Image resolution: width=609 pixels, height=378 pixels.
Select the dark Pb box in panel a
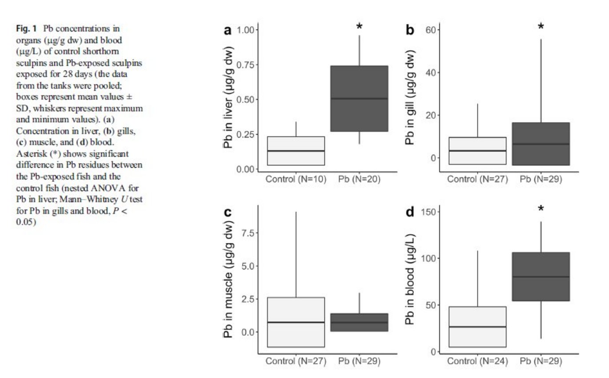(359, 98)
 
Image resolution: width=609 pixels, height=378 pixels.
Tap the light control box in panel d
(477, 327)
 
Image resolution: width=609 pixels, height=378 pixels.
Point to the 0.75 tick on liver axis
(245, 64)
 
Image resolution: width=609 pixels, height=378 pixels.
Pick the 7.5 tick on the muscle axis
(247, 233)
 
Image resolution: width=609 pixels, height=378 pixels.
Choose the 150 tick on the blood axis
(429, 212)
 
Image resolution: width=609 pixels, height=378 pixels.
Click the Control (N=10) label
(296, 179)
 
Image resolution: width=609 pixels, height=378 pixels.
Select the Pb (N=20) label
(359, 179)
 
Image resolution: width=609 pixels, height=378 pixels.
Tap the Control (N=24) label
(477, 361)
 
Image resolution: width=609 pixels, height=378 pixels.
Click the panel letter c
(228, 212)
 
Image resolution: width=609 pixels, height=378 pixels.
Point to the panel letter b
(410, 30)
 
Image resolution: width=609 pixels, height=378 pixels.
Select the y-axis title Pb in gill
(410, 98)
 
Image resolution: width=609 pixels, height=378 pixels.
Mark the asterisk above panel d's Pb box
(541, 209)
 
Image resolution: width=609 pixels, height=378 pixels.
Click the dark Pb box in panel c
(359, 322)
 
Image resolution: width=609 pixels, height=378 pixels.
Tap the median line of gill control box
(477, 151)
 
